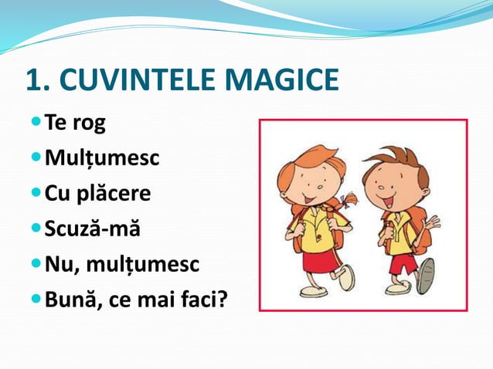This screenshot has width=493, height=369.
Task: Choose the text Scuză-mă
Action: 93,229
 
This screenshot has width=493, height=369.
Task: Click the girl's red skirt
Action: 318,259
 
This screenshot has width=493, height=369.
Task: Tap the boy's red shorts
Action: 403,263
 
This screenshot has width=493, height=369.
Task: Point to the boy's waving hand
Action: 431,225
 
